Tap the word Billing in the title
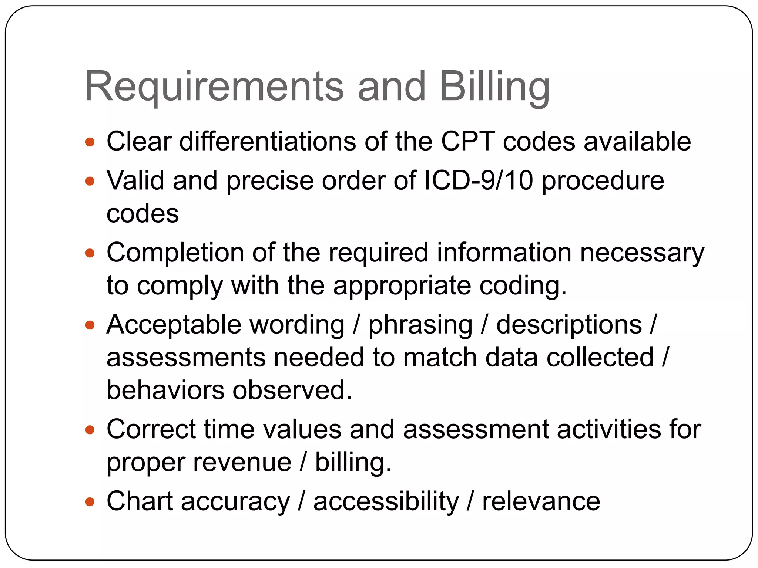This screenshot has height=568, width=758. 494,87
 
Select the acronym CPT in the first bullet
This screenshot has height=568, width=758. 467,141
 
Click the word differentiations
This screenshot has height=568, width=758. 268,141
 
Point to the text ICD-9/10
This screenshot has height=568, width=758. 478,180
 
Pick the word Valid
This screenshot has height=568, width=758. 135,180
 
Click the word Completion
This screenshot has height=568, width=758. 175,253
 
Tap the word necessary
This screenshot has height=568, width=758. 642,253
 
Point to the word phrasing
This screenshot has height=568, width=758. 420,325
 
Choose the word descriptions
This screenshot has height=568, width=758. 569,325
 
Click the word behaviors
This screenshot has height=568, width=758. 165,390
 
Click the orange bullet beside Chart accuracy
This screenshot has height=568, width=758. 90,502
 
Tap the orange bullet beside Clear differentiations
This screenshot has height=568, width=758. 90,142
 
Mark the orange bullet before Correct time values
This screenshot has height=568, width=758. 90,430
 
